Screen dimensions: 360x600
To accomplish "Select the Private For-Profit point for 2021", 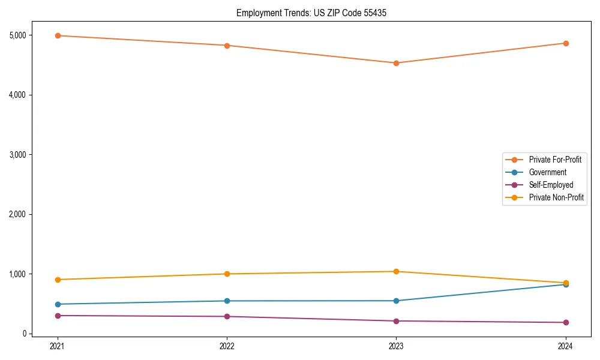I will point(58,35).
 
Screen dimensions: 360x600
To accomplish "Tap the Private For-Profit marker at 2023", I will point(396,63).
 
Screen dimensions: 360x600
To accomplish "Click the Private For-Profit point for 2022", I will point(227,46).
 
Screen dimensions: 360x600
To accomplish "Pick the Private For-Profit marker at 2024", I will point(565,43).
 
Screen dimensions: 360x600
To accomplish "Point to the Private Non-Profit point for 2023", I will point(396,271).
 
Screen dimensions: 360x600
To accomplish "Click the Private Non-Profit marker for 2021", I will point(58,280).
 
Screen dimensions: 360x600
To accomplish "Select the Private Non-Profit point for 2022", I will point(227,274).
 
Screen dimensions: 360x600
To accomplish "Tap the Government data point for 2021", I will point(58,304).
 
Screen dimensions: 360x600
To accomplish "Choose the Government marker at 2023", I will point(396,301).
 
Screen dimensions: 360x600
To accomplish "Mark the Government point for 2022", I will point(227,301).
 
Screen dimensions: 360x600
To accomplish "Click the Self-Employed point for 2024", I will point(565,322).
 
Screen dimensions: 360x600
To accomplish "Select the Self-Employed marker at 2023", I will point(396,321).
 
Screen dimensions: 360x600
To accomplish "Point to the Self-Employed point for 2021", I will point(58,316).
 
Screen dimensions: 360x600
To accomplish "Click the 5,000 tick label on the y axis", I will point(17,35).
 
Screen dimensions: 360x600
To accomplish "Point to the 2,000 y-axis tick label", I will point(17,214).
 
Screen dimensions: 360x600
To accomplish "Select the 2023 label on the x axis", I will point(396,346).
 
